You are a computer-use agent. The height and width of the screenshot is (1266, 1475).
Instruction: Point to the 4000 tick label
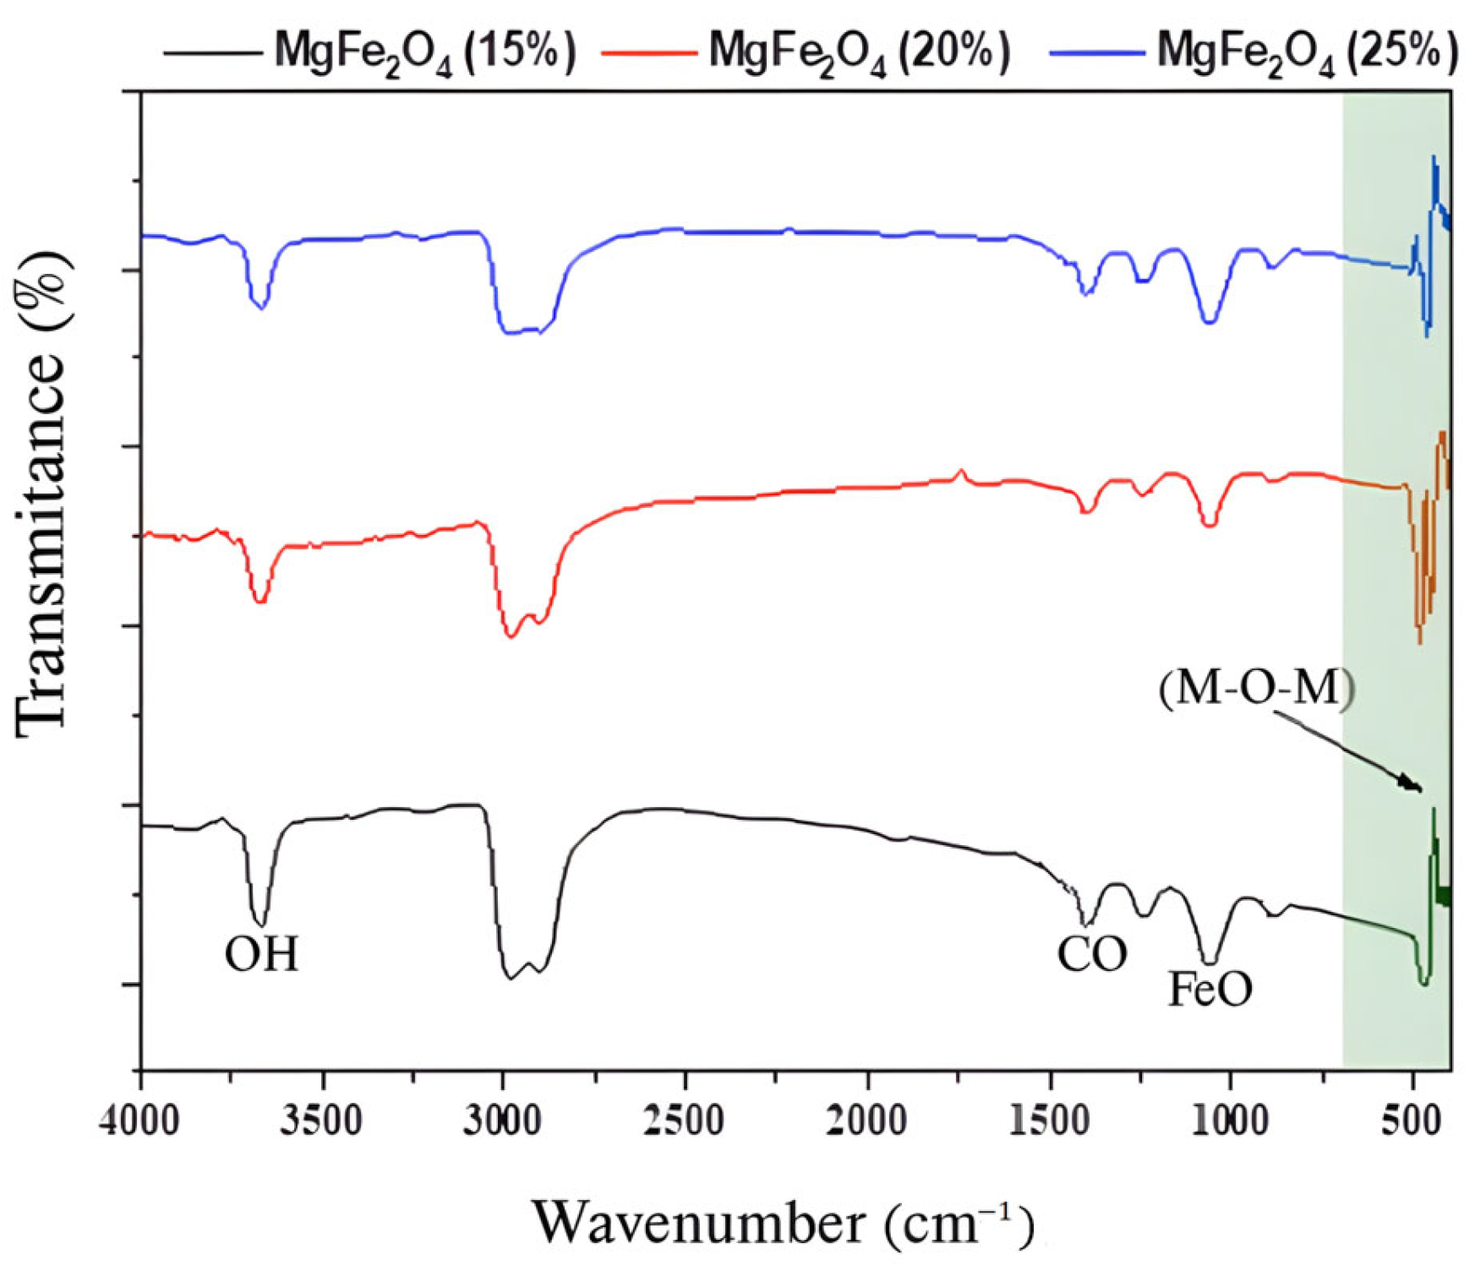[140, 1121]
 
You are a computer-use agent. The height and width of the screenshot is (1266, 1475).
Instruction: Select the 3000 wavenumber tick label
[504, 1121]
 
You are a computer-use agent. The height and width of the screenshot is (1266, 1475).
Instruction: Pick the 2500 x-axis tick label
[686, 1121]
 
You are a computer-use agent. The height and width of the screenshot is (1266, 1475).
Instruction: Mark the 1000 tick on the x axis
[1230, 1121]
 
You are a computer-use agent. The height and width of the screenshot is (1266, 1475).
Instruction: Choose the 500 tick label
[1412, 1121]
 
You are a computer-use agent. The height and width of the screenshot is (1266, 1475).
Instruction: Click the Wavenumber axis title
[783, 1223]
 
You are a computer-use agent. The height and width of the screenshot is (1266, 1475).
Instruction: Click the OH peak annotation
[261, 955]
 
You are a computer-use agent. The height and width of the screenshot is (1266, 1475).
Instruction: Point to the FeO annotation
[1210, 989]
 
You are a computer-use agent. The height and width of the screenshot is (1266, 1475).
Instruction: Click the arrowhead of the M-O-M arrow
[1413, 786]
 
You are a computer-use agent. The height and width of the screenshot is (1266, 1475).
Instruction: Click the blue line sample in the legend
[1096, 52]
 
